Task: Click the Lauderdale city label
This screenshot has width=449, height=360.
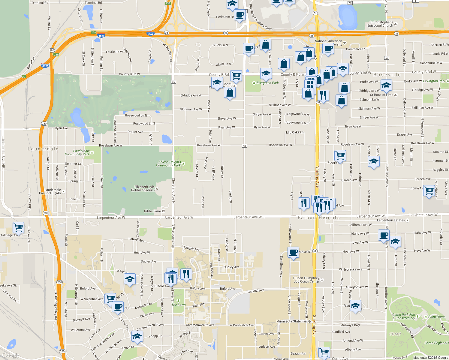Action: [x=43, y=149]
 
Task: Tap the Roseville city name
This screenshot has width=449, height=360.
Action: [x=387, y=75]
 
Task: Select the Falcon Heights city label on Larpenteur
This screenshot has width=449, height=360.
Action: [x=319, y=217]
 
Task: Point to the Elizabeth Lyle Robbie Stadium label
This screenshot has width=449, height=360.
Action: [x=143, y=188]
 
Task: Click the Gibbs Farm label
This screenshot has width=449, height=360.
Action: [x=152, y=211]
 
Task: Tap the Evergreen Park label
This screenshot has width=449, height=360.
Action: [x=267, y=83]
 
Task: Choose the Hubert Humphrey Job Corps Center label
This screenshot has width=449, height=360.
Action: [x=306, y=280]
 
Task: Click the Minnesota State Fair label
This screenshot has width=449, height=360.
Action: [x=292, y=321]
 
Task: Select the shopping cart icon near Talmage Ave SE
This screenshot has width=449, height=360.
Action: [x=18, y=227]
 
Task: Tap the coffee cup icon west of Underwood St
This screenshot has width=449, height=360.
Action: [x=293, y=252]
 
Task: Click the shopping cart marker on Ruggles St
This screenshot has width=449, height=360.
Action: [x=340, y=155]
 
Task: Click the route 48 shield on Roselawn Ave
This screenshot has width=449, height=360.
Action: [x=244, y=146]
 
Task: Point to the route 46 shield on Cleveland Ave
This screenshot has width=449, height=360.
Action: [x=173, y=82]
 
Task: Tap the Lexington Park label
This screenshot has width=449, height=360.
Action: [x=434, y=81]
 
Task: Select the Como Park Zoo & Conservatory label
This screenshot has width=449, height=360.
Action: [x=403, y=316]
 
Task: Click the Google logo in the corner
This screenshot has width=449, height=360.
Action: [x=11, y=355]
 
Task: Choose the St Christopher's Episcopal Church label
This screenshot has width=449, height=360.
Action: [x=380, y=24]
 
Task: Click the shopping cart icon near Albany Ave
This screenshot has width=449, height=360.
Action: [x=324, y=352]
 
